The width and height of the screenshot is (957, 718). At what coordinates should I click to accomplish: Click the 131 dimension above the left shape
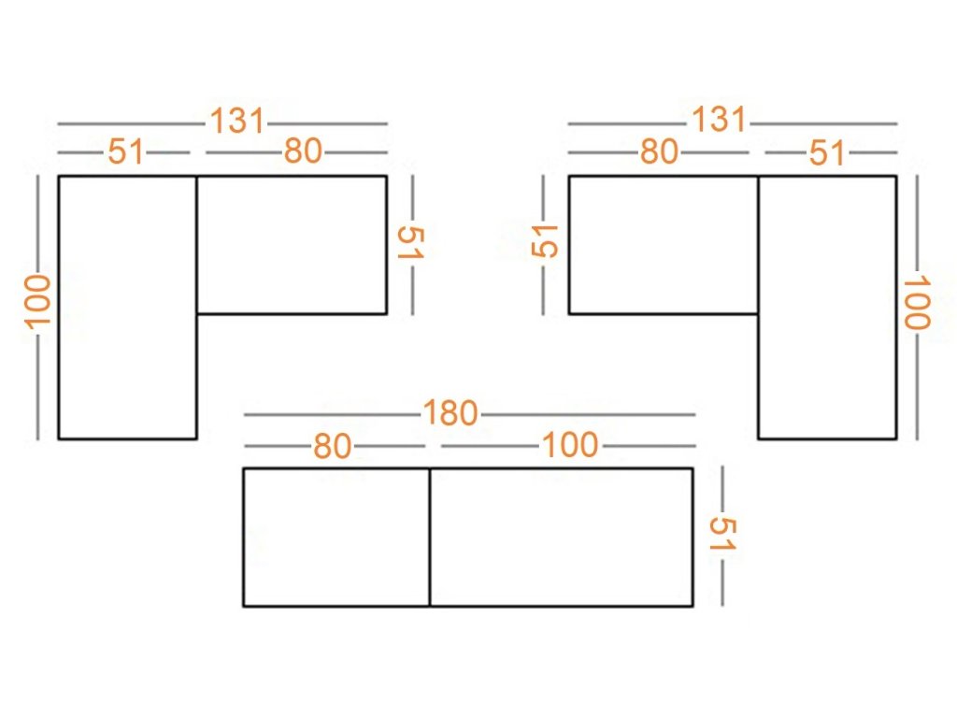pyautogui.click(x=237, y=121)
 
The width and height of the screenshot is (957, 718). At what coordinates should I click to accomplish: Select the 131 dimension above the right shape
pyautogui.click(x=719, y=120)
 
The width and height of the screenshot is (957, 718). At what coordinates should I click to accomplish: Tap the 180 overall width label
pyautogui.click(x=450, y=413)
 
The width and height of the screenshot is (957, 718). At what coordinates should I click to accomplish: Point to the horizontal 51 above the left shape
pyautogui.click(x=125, y=151)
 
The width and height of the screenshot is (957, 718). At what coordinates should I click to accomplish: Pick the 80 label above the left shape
pyautogui.click(x=303, y=151)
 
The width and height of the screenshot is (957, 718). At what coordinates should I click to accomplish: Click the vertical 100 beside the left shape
pyautogui.click(x=37, y=302)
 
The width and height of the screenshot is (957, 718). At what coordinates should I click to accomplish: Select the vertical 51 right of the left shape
pyautogui.click(x=411, y=242)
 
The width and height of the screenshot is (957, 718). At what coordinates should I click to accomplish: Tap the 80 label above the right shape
pyautogui.click(x=659, y=151)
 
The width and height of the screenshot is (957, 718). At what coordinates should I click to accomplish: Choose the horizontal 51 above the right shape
pyautogui.click(x=827, y=152)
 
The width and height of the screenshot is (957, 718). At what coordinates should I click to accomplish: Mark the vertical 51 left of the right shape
pyautogui.click(x=545, y=240)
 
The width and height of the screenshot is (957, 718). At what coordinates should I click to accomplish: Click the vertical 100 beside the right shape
pyautogui.click(x=917, y=303)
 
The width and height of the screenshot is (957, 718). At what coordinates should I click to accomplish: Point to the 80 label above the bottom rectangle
pyautogui.click(x=333, y=446)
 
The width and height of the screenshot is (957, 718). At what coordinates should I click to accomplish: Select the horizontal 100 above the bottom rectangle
pyautogui.click(x=570, y=445)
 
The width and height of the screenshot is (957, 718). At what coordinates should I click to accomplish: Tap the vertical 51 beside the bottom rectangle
pyautogui.click(x=722, y=534)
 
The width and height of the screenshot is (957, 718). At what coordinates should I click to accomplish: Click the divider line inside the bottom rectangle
pyautogui.click(x=430, y=538)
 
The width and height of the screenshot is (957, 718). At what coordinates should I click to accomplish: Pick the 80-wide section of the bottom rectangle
pyautogui.click(x=336, y=538)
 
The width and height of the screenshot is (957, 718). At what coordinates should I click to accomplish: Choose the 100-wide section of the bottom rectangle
pyautogui.click(x=562, y=538)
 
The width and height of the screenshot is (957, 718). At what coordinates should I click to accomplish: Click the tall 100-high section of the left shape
pyautogui.click(x=127, y=308)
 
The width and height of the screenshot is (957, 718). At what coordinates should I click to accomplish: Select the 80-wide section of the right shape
pyautogui.click(x=664, y=246)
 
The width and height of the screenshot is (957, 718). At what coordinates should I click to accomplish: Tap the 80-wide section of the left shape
pyautogui.click(x=292, y=246)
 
